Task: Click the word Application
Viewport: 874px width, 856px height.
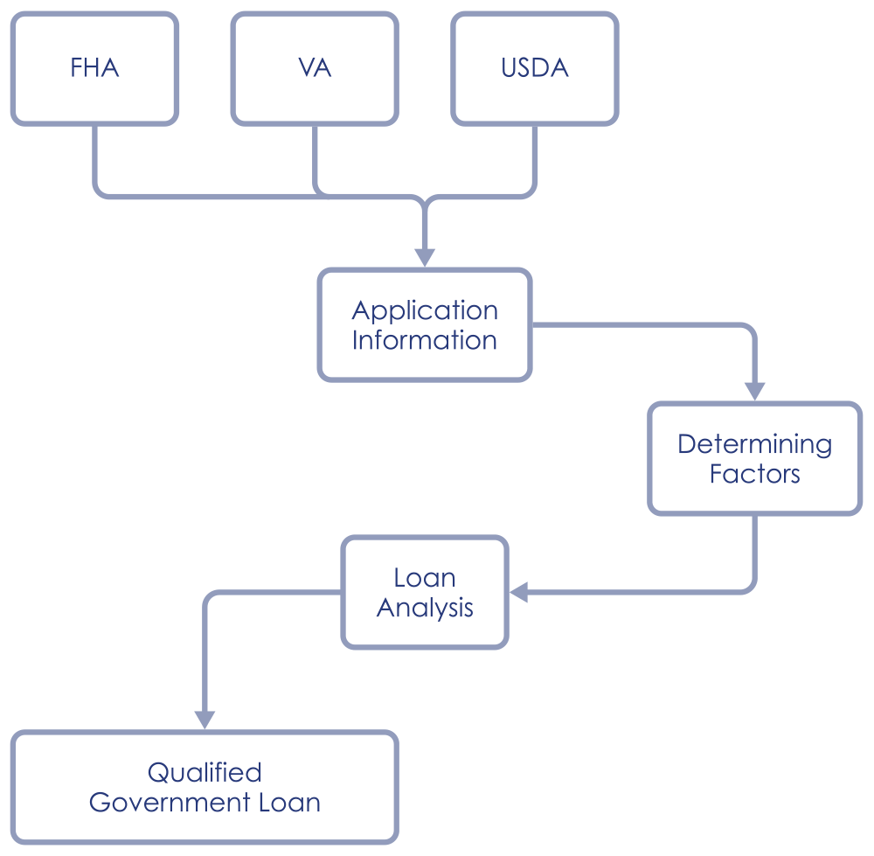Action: click(x=425, y=310)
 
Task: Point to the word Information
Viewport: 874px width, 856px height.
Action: click(x=425, y=340)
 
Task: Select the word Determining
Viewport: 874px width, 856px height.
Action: click(x=754, y=444)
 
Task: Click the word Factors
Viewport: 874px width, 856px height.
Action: click(x=754, y=474)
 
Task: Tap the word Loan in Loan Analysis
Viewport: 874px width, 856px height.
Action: click(x=425, y=578)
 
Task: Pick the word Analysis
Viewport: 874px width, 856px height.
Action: click(x=425, y=608)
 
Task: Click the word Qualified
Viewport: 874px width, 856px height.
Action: click(x=205, y=773)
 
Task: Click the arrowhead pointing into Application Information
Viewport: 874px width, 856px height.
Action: click(x=425, y=257)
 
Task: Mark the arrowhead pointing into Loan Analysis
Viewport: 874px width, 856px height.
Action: click(x=519, y=593)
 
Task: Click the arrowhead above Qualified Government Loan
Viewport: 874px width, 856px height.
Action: click(x=205, y=719)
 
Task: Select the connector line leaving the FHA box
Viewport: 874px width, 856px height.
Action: click(x=95, y=157)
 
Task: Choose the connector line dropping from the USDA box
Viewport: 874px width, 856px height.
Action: click(x=535, y=157)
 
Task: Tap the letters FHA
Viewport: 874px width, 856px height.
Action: click(x=94, y=68)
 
